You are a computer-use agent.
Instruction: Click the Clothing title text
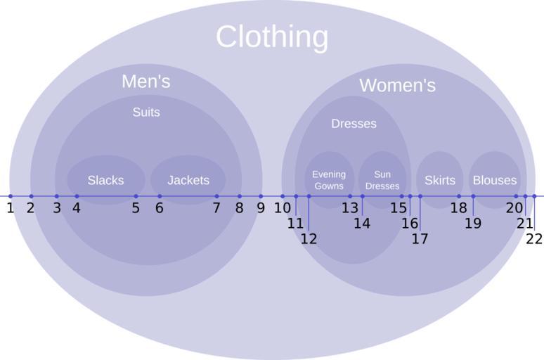[271, 37]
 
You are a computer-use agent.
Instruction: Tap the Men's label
[145, 82]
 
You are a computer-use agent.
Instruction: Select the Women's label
[397, 86]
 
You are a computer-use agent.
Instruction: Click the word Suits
[146, 112]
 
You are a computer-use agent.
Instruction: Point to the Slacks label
[105, 181]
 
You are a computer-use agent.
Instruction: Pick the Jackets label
[188, 181]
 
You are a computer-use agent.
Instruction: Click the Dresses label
[354, 124]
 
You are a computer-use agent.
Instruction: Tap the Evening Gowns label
[329, 180]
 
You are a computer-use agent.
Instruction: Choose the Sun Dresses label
[382, 180]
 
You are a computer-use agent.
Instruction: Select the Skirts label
[440, 181]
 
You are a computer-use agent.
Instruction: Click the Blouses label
[495, 181]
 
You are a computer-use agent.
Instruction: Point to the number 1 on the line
[11, 208]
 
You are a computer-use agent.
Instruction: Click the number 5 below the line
[136, 208]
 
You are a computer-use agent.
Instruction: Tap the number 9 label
[261, 208]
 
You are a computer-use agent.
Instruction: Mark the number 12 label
[309, 239]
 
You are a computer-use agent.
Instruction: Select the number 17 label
[420, 238]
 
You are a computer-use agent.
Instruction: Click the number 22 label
[534, 239]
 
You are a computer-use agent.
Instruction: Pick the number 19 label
[473, 224]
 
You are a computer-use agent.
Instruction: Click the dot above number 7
[216, 196]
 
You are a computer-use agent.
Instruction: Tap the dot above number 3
[57, 196]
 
